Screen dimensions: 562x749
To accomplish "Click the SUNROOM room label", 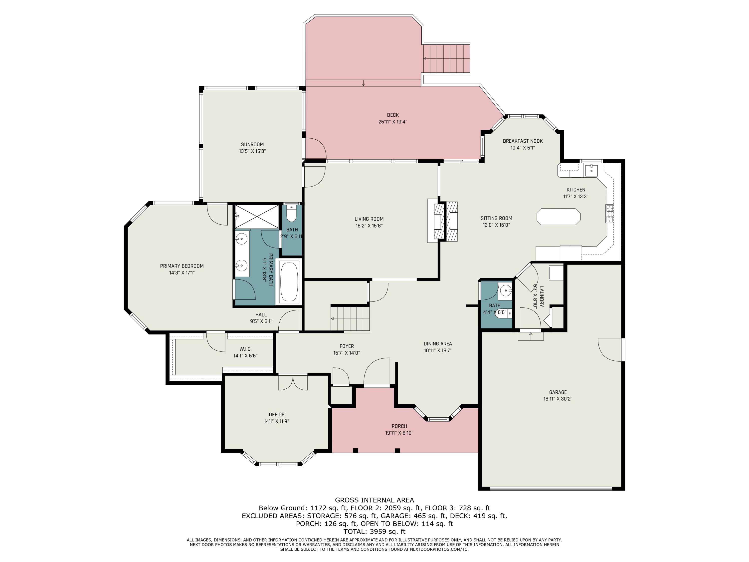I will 252,144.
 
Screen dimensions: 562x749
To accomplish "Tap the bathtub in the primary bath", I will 289,281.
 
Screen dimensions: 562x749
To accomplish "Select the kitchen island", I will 558,217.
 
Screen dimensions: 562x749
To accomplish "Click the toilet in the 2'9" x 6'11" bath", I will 291,213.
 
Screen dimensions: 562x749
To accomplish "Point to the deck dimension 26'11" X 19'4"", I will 392,122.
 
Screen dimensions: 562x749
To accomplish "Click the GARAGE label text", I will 558,392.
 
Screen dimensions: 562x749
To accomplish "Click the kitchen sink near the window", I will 591,169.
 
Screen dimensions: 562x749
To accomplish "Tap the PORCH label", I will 399,426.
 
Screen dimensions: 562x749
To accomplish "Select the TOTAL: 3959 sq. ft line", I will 374,532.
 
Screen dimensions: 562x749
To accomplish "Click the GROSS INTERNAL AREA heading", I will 374,500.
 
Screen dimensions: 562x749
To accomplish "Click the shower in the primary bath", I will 257,216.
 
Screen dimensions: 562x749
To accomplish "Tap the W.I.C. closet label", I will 245,349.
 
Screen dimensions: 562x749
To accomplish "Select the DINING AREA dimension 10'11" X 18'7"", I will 437,351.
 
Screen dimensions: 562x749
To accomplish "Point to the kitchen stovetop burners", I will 609,214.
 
